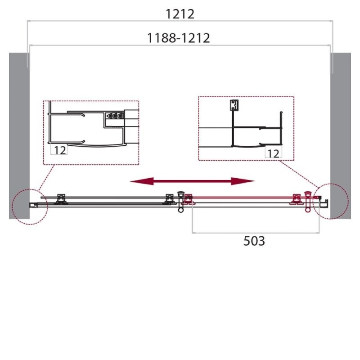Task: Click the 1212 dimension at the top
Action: [180, 14]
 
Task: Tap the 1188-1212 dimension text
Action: [178, 38]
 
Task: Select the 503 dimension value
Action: [254, 241]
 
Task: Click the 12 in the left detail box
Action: [60, 150]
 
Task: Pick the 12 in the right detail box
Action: [273, 153]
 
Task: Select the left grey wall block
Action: [19, 136]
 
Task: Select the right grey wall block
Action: [341, 136]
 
